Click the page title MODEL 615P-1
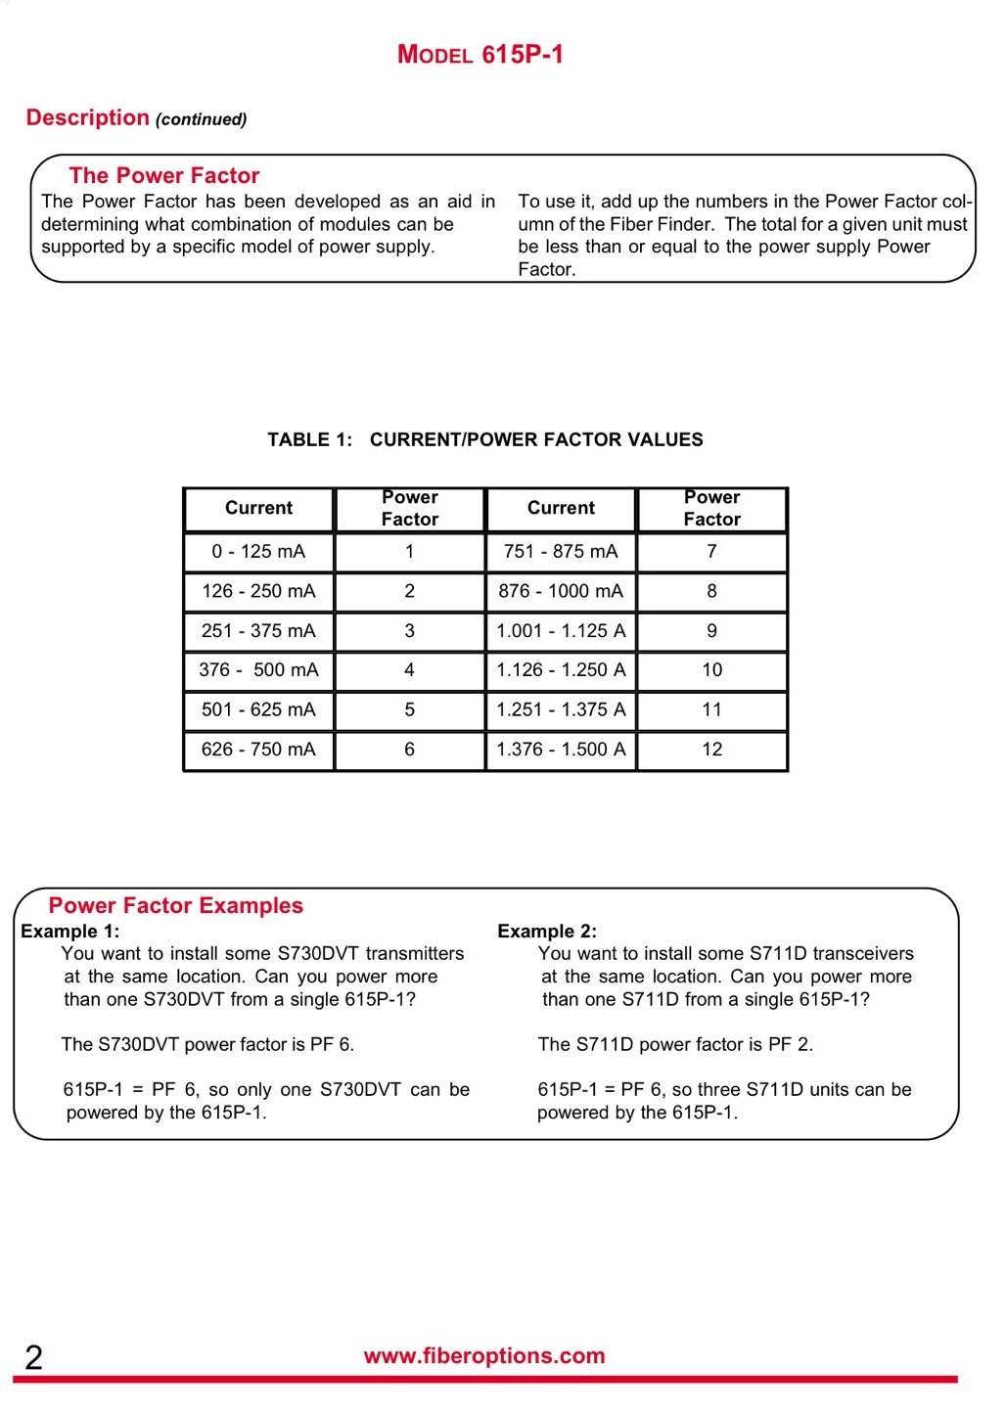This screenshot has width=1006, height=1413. coord(480,54)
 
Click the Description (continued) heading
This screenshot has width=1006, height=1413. coord(136,118)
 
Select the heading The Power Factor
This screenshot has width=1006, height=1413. coord(164,176)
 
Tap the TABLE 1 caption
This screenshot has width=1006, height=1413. coord(484,439)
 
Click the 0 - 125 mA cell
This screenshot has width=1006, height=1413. coord(258,552)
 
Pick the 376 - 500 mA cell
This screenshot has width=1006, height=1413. coord(258,670)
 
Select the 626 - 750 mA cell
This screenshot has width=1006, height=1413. coord(258,750)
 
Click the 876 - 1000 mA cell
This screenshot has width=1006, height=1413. coord(561,591)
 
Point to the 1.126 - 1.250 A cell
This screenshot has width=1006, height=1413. coord(561,670)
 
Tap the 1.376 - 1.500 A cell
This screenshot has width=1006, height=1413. coord(561,750)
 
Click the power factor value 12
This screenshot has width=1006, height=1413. coord(711,750)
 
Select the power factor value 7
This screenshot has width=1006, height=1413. coord(711,552)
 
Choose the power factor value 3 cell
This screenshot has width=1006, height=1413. coord(409,631)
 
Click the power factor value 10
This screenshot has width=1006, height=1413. coord(711,670)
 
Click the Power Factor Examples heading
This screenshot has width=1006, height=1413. coord(176,906)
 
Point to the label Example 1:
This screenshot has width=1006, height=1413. coord(69,932)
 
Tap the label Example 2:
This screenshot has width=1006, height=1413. coord(547,932)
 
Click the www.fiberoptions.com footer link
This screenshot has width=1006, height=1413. coord(484,1356)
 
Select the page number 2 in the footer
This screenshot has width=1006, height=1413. coord(33,1358)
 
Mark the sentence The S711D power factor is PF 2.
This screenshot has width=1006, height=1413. coord(675,1045)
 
